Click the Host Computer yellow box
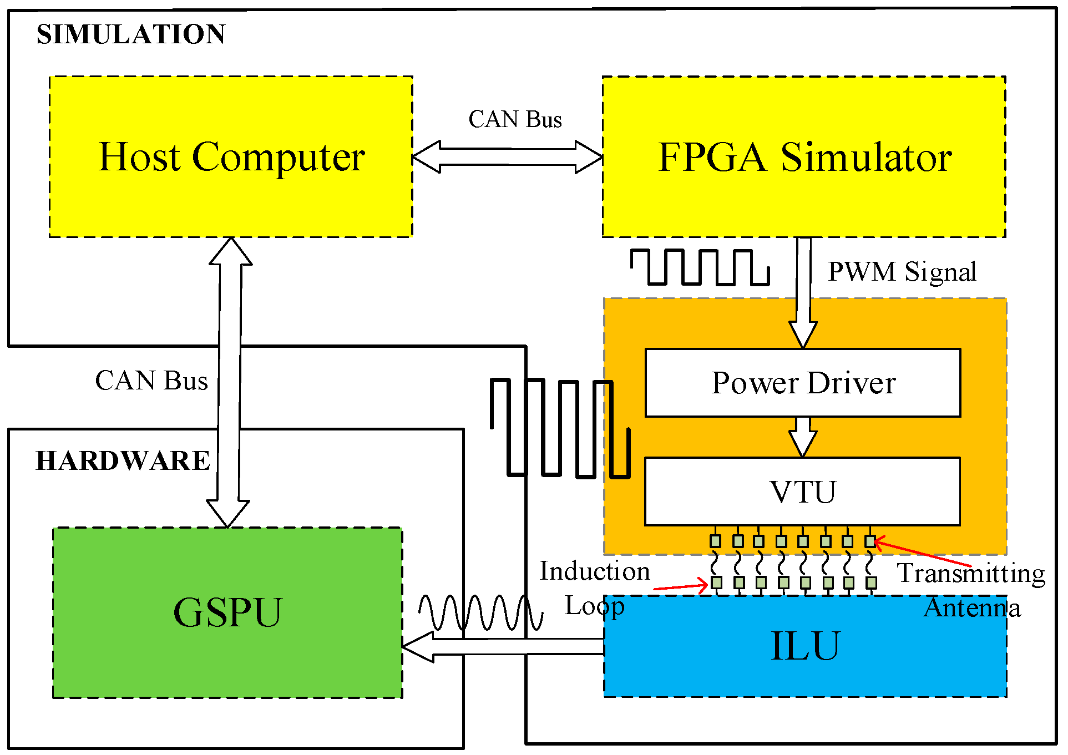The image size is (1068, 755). (x=231, y=157)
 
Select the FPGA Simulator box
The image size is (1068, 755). (x=804, y=157)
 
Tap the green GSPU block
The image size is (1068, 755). (x=227, y=612)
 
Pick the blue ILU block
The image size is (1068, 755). (x=804, y=647)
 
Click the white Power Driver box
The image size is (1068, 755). (x=803, y=383)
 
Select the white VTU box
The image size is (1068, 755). (x=802, y=491)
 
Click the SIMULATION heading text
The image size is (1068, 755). (x=131, y=34)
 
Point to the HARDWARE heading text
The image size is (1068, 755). (x=123, y=460)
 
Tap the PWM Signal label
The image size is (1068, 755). (x=902, y=272)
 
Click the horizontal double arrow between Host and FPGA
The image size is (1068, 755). (x=508, y=157)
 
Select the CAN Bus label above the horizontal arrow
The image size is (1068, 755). (x=515, y=119)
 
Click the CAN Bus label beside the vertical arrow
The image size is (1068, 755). (x=151, y=381)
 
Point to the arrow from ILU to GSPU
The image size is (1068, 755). (x=502, y=647)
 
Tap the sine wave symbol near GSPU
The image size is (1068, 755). (x=480, y=612)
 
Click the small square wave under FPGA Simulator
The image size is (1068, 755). (x=700, y=267)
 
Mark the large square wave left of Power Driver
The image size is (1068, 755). (x=560, y=428)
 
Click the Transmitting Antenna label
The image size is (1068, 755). (x=971, y=590)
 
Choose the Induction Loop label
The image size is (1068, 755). (x=594, y=588)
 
